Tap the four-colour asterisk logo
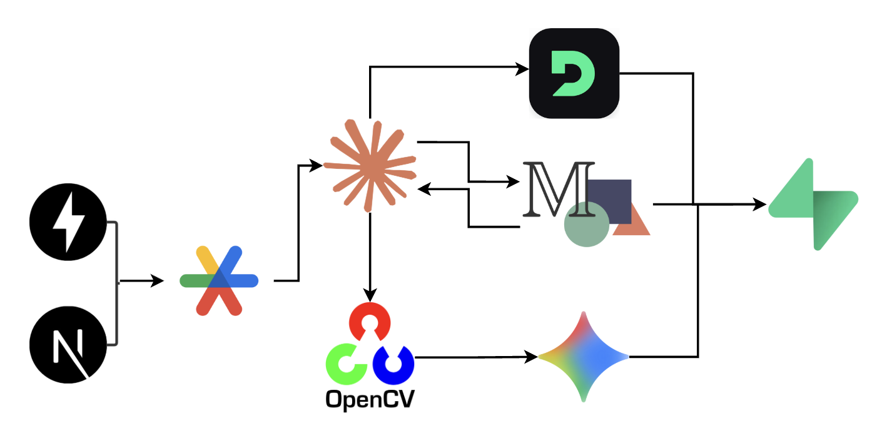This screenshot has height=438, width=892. coord(218,280)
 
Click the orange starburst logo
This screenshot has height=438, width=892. coord(370,166)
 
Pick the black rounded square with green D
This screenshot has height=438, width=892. coord(574,73)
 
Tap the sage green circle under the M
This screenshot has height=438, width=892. coord(586,224)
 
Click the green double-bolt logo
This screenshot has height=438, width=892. coord(813,205)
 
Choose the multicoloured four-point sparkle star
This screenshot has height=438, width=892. coord(583,357)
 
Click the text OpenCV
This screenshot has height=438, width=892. coord(370,399)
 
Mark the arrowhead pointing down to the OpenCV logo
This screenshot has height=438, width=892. coord(370,295)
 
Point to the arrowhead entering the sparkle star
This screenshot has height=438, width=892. coord(532,357)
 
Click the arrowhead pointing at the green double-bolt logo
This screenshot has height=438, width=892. coord(760,204)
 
